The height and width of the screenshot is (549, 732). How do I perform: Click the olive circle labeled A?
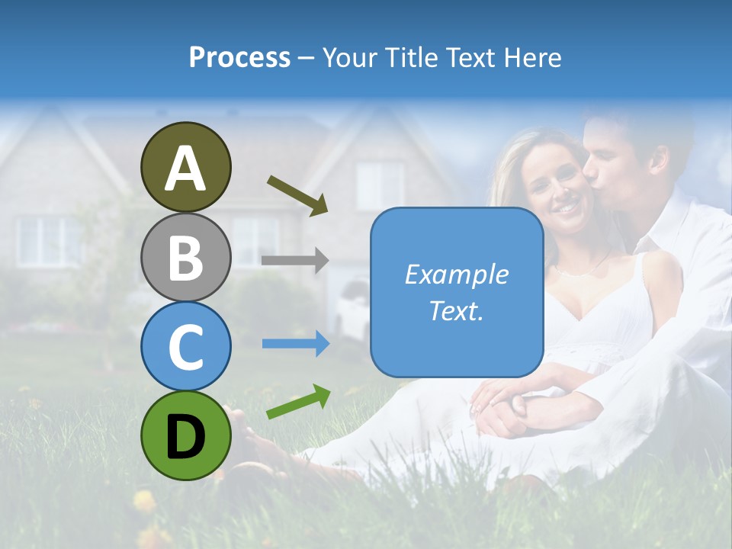click(186, 167)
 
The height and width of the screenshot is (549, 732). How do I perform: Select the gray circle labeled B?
click(186, 257)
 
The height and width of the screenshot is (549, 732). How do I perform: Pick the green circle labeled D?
click(186, 435)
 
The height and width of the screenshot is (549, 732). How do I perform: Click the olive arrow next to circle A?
click(297, 195)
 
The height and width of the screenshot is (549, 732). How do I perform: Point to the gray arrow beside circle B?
click(295, 260)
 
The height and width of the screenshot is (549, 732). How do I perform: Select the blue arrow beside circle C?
click(296, 344)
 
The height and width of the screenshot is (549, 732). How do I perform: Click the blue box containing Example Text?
click(457, 292)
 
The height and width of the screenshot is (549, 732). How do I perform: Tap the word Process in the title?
click(239, 57)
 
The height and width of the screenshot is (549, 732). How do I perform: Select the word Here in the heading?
click(534, 57)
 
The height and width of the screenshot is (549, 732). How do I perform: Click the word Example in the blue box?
click(457, 274)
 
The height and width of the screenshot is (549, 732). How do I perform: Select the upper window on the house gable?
click(379, 185)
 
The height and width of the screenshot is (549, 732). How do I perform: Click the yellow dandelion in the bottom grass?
click(144, 501)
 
